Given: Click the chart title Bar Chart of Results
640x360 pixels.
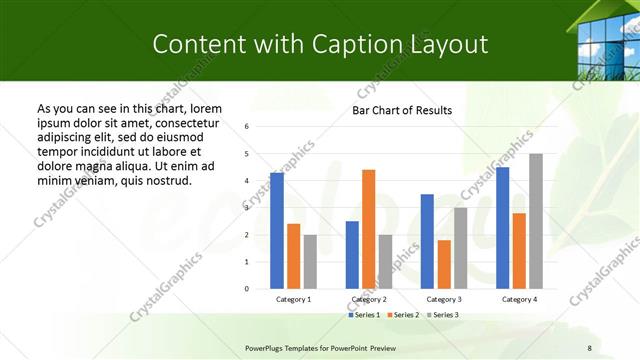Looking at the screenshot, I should tap(401, 110).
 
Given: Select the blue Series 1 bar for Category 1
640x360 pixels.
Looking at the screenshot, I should tap(277, 230).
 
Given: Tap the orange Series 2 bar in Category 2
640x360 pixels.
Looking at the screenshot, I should tap(368, 229).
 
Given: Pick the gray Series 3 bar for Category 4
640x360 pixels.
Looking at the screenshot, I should tap(536, 221).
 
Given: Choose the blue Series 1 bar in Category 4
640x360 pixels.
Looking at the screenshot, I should tap(502, 227).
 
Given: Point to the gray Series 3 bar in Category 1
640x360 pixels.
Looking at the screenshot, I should tap(310, 261).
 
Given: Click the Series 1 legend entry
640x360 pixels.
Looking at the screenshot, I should tap(364, 315).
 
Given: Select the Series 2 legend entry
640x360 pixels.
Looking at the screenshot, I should tap(403, 315).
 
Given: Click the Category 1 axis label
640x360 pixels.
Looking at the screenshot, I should tap(294, 299).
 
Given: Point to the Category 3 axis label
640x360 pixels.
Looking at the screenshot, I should tap(444, 299).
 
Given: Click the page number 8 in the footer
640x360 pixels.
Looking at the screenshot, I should tap(589, 347).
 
